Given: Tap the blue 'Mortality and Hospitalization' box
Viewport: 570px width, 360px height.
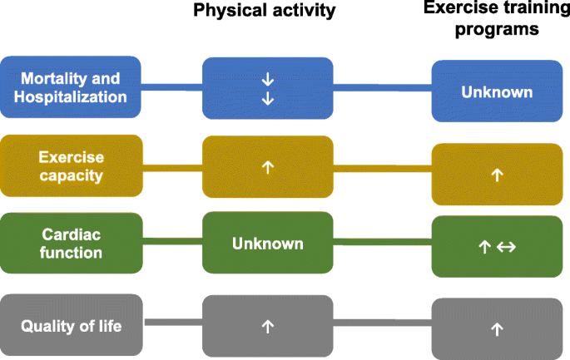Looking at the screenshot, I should coord(71,87).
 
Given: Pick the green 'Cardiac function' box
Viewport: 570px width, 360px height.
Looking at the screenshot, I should coord(71,242).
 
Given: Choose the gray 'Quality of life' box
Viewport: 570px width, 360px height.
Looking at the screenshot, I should coord(71,326).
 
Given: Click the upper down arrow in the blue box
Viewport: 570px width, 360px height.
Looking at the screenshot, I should coord(268,80).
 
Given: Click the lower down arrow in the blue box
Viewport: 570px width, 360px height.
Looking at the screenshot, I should coord(268,99).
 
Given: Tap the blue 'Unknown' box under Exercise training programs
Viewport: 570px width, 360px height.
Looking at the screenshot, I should coord(497,92).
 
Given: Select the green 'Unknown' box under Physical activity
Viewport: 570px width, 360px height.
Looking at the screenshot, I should coord(268,244).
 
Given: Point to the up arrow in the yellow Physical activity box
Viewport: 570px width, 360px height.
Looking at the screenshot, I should coord(268,166).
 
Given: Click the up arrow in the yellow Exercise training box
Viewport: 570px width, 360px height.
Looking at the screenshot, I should coord(497,175).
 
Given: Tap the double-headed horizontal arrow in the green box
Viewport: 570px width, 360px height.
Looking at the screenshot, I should coord(507,248).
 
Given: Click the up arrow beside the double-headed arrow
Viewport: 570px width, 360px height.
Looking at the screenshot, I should coord(485,248).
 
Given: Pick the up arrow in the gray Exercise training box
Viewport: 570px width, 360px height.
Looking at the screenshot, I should coord(497,329).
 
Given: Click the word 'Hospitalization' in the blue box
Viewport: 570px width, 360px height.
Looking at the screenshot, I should coord(71,97).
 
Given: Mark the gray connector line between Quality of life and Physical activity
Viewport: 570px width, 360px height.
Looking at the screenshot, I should coord(172,322).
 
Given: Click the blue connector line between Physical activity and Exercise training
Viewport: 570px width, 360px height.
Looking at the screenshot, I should coord(382,86).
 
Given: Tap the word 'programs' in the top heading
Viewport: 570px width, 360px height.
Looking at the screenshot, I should coord(497,30).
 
